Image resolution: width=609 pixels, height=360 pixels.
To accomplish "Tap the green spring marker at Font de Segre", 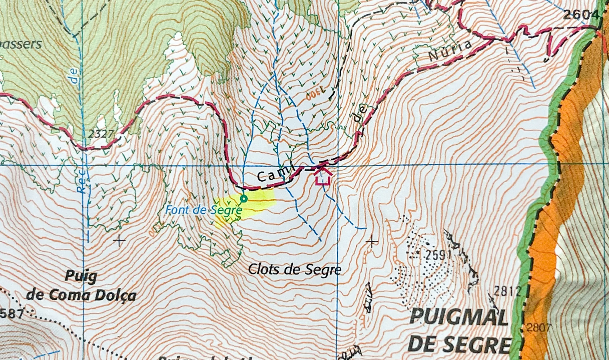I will [x=244, y=199].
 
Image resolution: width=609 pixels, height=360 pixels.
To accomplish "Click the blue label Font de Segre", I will [x=203, y=210].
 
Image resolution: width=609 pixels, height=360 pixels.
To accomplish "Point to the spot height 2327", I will [x=101, y=134].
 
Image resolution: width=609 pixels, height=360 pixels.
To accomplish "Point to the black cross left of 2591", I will [x=372, y=242].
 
